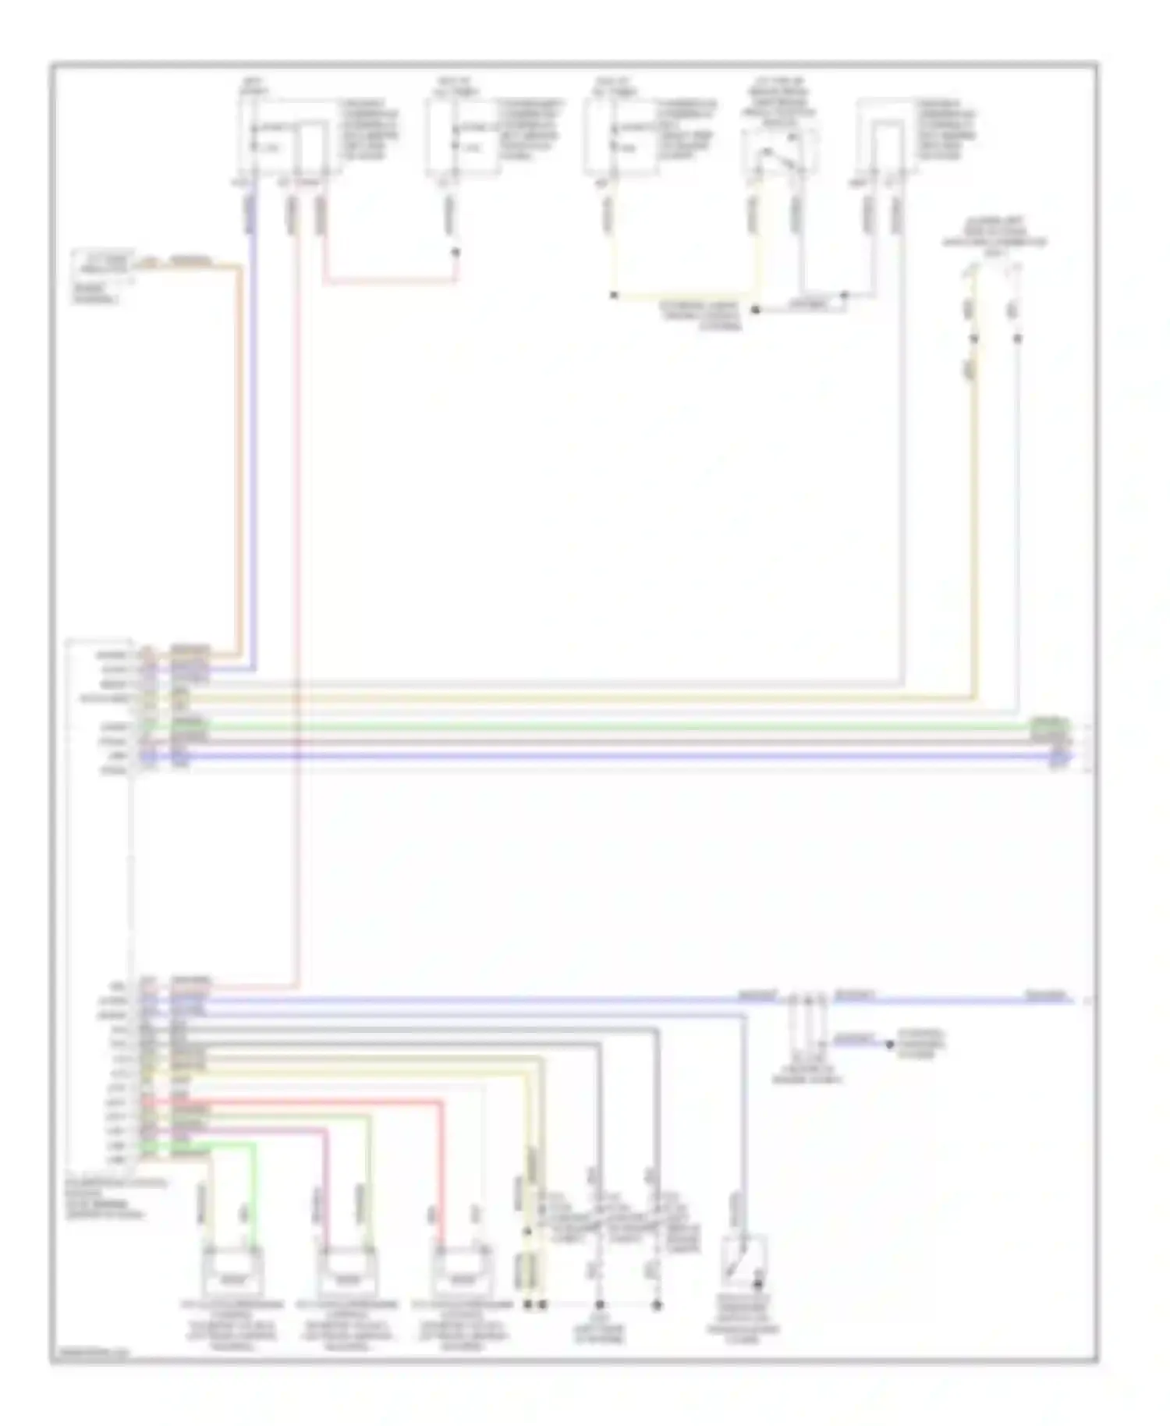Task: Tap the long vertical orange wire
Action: coord(239,468)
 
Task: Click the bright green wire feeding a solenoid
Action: coord(253,1194)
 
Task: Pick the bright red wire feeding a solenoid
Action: coord(441,1170)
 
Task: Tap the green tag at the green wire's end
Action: coord(1049,727)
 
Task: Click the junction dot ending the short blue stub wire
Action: coord(890,1044)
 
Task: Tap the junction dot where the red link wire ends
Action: coord(456,252)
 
